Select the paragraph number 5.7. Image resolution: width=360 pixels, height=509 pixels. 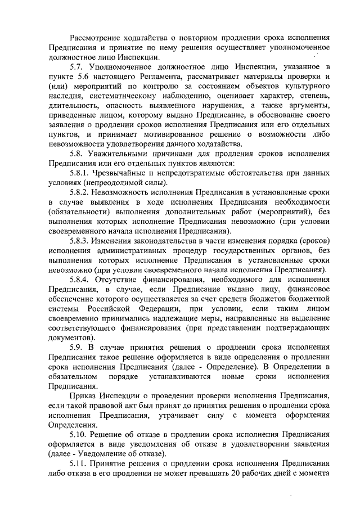click(76, 67)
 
